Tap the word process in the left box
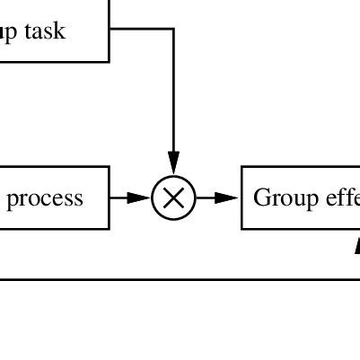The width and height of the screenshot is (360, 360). coord(45,198)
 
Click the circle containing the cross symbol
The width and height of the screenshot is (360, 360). coord(173,198)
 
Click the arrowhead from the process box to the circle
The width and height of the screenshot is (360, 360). coord(139,198)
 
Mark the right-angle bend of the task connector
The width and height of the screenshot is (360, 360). coord(173,29)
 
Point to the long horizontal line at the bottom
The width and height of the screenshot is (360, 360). coord(180,279)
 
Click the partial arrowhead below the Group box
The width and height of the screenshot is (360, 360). coord(356,246)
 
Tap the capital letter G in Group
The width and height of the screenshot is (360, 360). coord(261,197)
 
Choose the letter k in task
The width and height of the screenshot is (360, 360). coord(60,31)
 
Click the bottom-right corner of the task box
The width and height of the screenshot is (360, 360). coord(109,61)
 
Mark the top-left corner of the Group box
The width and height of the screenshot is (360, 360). coord(242,167)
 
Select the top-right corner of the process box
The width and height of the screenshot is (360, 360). coord(109,167)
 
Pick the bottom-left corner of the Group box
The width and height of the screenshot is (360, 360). coord(242,228)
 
